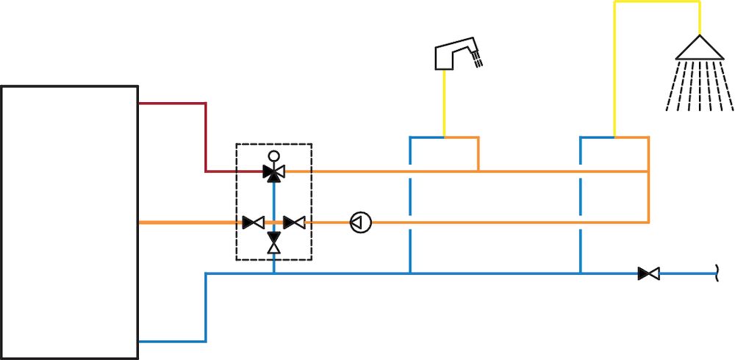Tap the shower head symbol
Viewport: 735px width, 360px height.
pos(699,48)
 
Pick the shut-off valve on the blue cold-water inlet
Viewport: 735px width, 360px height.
pos(648,274)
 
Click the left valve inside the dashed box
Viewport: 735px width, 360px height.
pos(254,222)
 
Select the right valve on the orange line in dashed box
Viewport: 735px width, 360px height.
pos(295,222)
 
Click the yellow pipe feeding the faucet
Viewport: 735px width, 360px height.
pos(444,103)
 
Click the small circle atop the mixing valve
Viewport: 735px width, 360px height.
pos(274,156)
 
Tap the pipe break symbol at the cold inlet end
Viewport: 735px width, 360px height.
pos(717,274)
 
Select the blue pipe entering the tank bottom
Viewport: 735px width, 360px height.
pos(173,342)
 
